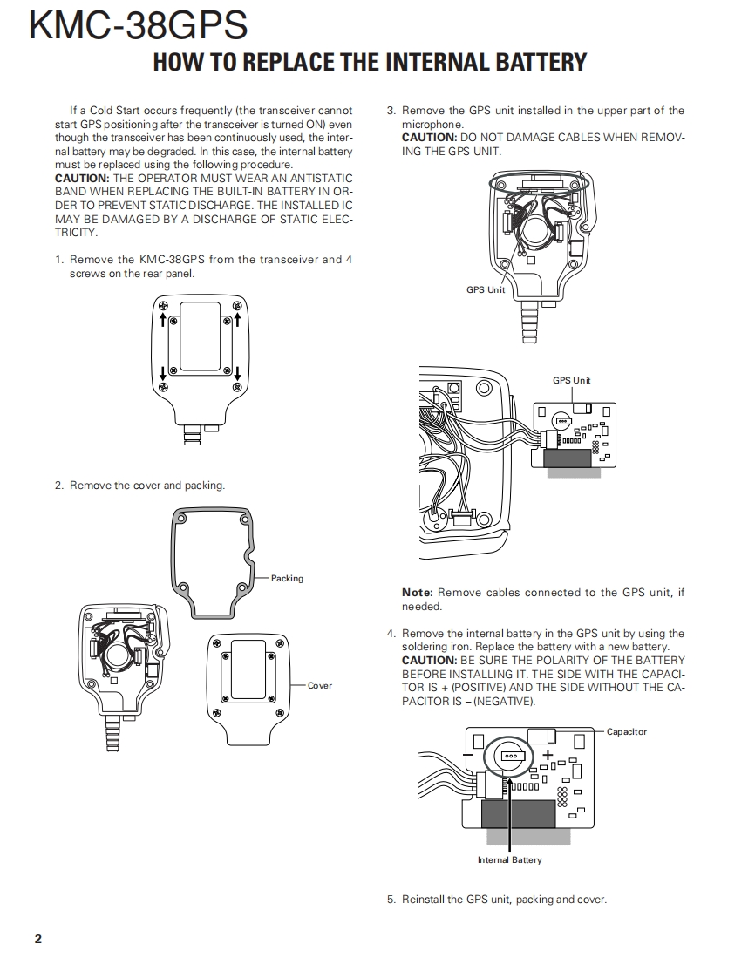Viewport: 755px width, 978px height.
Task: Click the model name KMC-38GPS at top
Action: [x=139, y=26]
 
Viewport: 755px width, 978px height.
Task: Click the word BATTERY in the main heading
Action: [x=530, y=62]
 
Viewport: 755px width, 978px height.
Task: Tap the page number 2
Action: [x=37, y=939]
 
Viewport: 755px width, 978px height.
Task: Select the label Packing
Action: [x=287, y=578]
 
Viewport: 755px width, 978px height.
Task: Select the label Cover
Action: [x=320, y=686]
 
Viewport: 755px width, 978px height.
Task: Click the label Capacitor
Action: [x=626, y=731]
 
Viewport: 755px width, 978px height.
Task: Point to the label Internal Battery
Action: [x=509, y=860]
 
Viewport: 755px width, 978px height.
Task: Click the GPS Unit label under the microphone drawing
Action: [x=486, y=289]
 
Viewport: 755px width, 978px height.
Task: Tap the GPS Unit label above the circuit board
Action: [x=571, y=380]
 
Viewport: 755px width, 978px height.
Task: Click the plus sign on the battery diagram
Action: [x=548, y=755]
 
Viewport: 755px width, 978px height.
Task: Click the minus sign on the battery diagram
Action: [x=469, y=755]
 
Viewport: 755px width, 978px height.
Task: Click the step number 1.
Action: [x=58, y=260]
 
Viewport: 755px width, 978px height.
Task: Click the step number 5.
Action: [x=391, y=900]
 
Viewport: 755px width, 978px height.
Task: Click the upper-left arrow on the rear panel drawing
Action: [x=163, y=320]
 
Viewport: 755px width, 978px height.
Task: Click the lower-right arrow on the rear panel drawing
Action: [x=237, y=375]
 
